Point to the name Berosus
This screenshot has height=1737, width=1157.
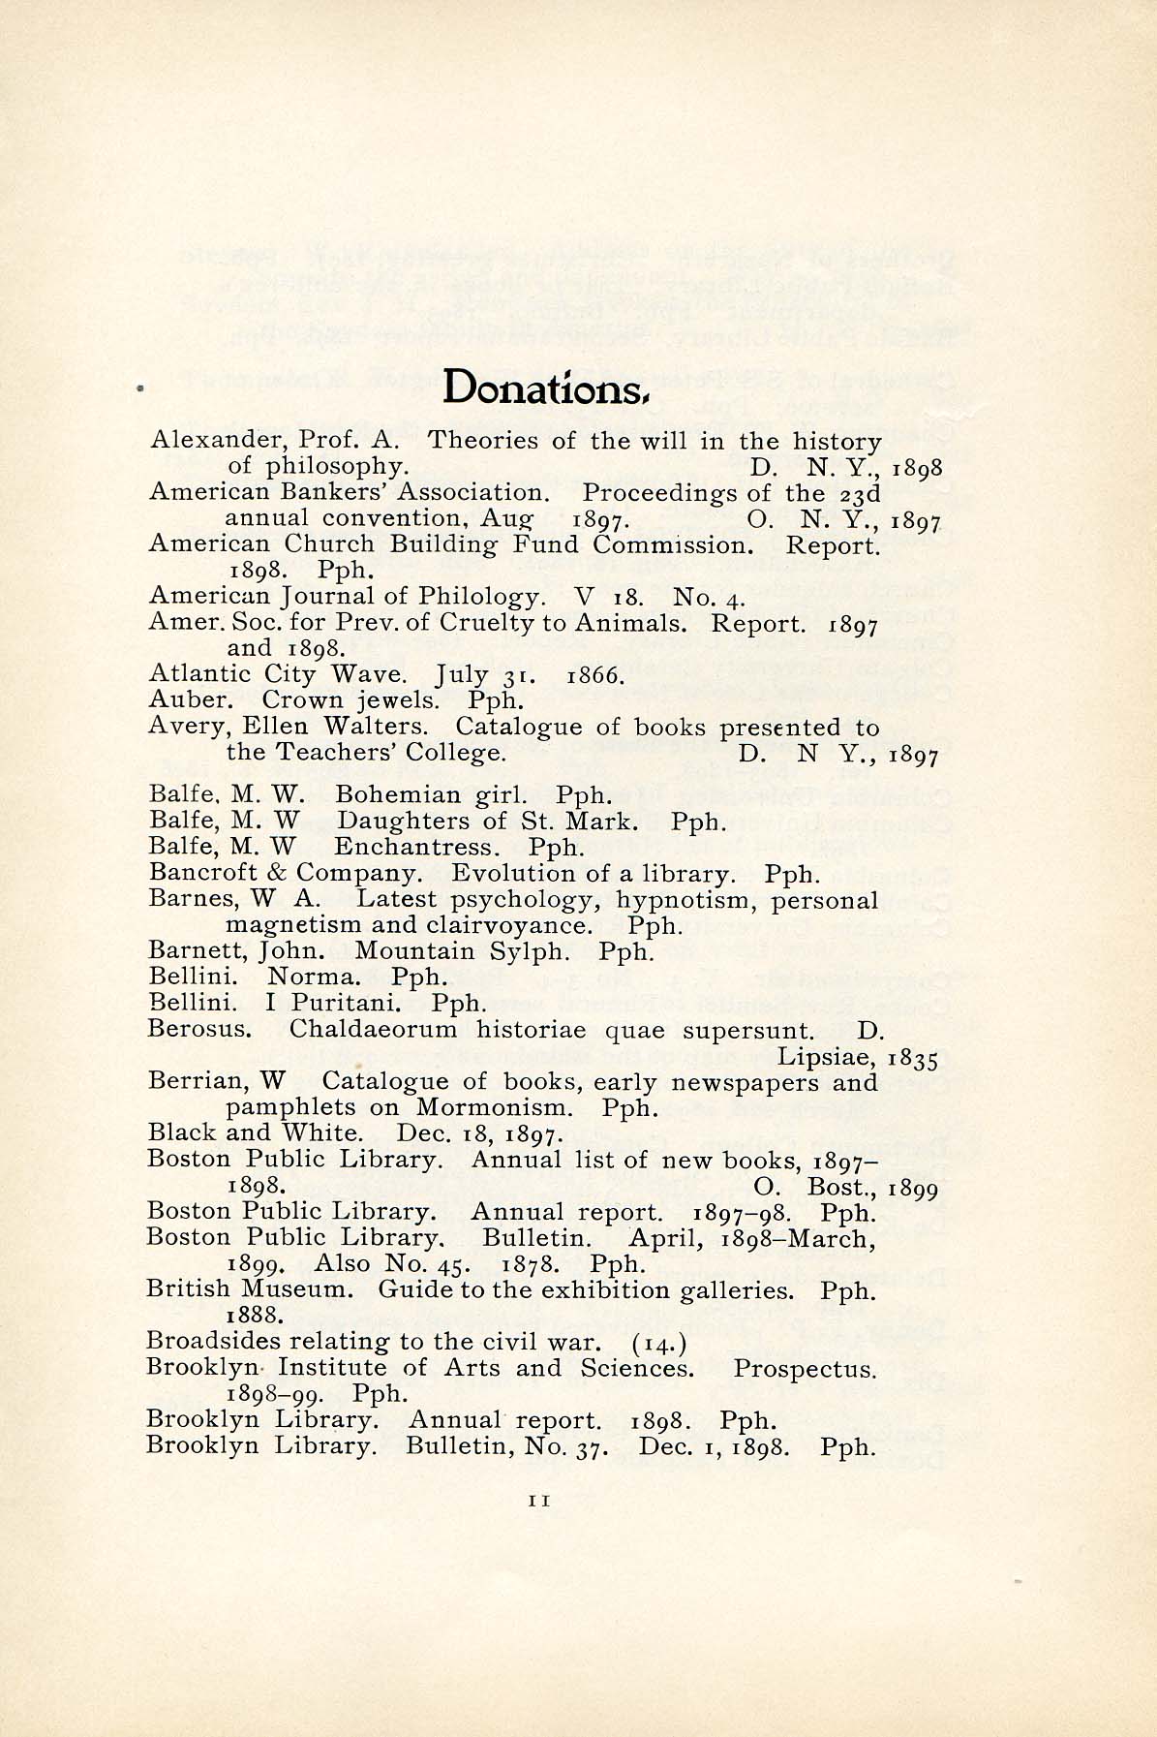(199, 1029)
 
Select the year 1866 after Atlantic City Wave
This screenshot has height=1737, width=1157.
(594, 674)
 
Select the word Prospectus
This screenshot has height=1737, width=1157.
(805, 1369)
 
